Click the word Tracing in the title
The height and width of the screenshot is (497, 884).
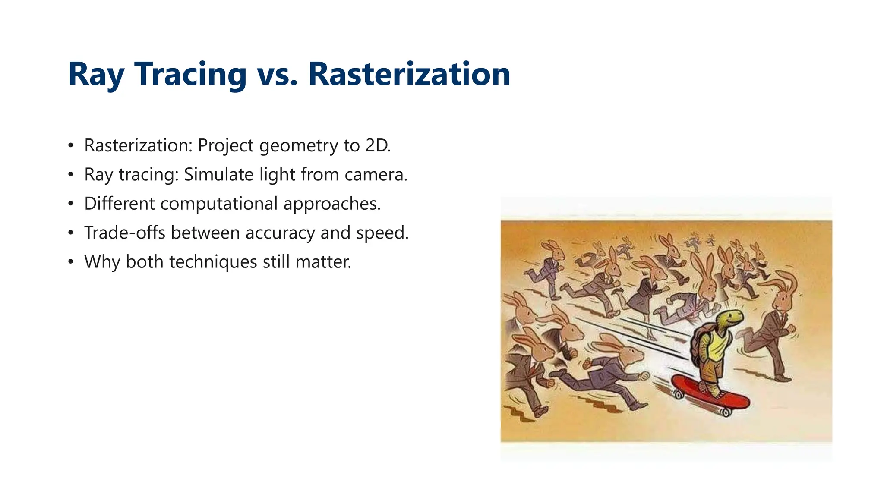point(190,74)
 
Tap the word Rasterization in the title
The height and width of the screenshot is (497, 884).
point(409,74)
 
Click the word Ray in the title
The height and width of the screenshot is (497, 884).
point(96,74)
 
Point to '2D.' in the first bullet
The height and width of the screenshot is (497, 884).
point(378,145)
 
